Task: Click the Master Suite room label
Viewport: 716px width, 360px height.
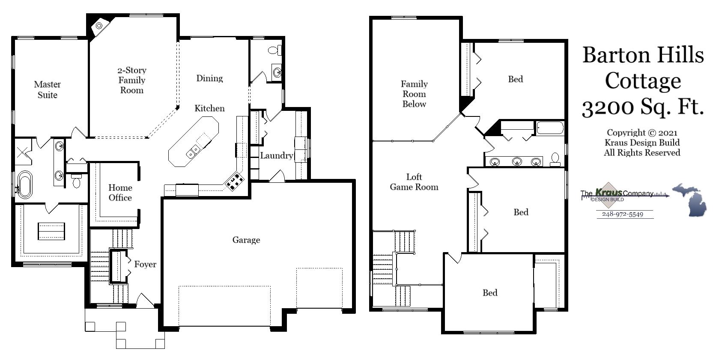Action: coord(47,89)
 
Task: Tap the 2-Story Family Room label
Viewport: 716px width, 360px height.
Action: coord(132,80)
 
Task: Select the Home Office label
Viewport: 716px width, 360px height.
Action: coord(120,193)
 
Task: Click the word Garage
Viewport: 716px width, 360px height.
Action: coord(246,240)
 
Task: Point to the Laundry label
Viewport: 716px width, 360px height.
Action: coord(276,155)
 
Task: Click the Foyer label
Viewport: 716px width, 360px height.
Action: coord(145,264)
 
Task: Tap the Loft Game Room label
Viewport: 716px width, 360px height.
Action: coord(414,182)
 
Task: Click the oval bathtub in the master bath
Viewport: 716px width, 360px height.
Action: coord(24,184)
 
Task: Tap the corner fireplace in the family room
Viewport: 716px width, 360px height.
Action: coord(99,26)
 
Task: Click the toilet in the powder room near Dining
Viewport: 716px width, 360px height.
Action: coord(275,51)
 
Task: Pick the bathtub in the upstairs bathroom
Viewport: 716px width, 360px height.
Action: coord(550,128)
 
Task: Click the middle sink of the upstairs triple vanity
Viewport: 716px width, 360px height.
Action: coord(517,161)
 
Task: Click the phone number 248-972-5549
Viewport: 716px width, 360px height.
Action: coord(622,214)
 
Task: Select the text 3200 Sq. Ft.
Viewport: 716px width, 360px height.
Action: coord(642,107)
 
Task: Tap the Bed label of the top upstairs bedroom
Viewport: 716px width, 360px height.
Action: coord(515,79)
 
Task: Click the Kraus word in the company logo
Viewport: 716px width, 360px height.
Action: coord(609,193)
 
